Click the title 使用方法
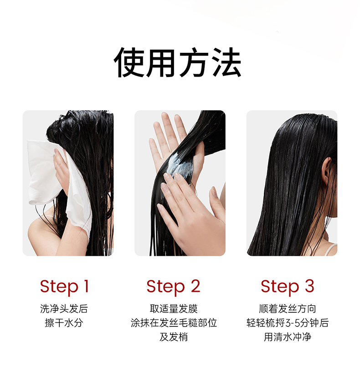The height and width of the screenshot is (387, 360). click(x=177, y=62)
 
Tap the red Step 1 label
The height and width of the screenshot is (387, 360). click(x=64, y=287)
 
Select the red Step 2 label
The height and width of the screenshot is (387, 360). click(x=173, y=287)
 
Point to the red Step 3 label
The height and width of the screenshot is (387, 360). click(x=288, y=287)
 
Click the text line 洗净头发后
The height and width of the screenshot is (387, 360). click(x=64, y=309)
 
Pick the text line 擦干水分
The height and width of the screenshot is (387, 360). click(x=64, y=323)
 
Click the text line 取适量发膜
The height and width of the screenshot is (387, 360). click(x=174, y=309)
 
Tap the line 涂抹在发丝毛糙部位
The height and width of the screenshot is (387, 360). click(x=174, y=323)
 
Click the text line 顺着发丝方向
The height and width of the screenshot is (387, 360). click(x=288, y=309)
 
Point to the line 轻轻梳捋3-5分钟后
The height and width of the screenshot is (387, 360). click(x=288, y=323)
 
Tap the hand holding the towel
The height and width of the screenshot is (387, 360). click(x=61, y=170)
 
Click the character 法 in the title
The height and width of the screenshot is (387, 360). click(x=226, y=62)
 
